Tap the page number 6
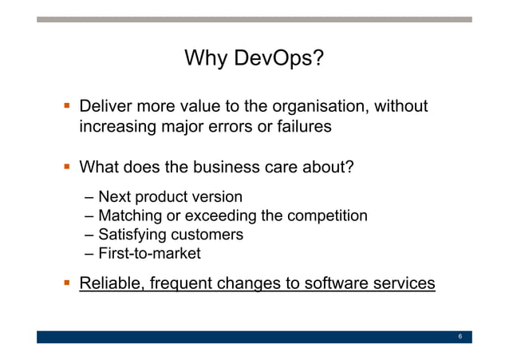460,337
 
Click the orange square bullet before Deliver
67,106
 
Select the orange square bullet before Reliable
67,283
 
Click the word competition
327,216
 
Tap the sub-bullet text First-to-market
149,254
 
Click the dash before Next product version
87,196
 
